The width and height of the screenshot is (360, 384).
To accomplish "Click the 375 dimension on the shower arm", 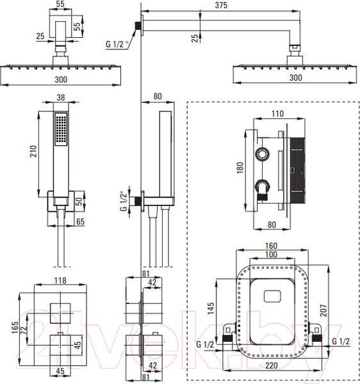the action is tap(221, 5).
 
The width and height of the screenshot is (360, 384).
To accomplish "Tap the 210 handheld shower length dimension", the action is tap(33, 151).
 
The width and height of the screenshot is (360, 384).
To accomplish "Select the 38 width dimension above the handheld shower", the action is tap(61, 97).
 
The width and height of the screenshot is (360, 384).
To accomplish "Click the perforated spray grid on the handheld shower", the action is tap(61, 129).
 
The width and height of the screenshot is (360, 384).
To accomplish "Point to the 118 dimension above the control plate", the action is tap(60, 280).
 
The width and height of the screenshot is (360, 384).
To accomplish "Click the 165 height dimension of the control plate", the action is tap(15, 328).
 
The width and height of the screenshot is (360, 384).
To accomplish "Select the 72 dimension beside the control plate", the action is tap(24, 331).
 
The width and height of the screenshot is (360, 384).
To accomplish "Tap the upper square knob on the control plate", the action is tap(60, 313).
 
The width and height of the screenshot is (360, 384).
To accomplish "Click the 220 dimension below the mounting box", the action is tap(272, 365).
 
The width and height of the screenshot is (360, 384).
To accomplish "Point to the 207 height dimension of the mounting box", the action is tap(323, 310).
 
